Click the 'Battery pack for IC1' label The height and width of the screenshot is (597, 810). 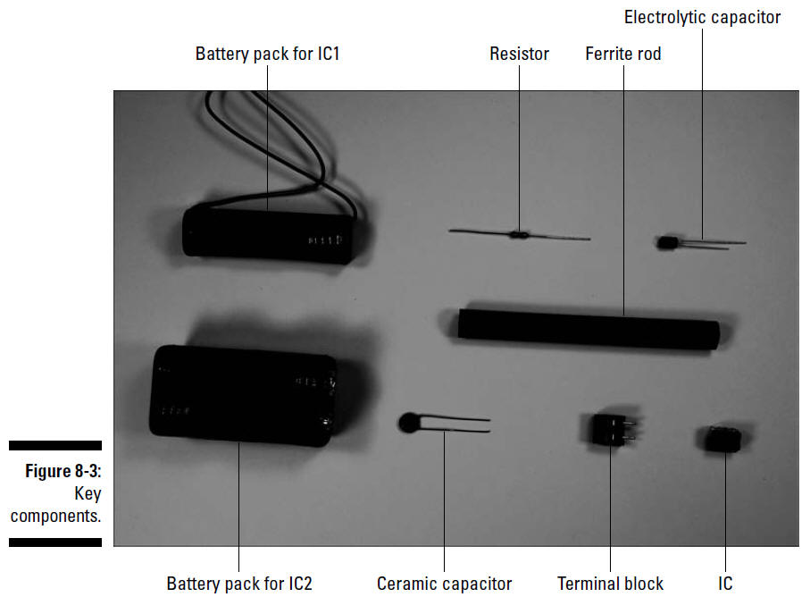tap(267, 54)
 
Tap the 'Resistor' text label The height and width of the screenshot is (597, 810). tap(519, 54)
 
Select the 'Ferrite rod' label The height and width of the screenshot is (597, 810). tap(623, 54)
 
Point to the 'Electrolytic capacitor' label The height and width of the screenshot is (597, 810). tap(702, 18)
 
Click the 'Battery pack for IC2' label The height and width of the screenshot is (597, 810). tap(239, 584)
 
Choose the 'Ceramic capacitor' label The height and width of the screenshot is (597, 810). tap(444, 584)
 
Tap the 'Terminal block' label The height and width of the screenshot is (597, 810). tap(610, 584)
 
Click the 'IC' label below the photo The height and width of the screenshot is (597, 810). tap(725, 584)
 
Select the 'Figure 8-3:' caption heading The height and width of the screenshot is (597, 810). tap(63, 471)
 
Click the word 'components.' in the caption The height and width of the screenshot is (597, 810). tap(55, 516)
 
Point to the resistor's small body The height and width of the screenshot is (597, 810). tap(518, 235)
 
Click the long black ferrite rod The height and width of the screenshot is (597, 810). tap(589, 329)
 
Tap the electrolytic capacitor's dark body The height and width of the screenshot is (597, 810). tap(667, 242)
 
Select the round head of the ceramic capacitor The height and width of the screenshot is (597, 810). tap(409, 423)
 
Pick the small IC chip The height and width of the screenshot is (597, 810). tap(723, 439)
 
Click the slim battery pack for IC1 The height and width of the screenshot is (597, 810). tap(269, 233)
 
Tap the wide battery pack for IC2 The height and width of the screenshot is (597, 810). tap(243, 395)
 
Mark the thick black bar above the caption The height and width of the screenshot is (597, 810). tap(55, 446)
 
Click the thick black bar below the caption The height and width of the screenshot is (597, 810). tap(55, 542)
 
